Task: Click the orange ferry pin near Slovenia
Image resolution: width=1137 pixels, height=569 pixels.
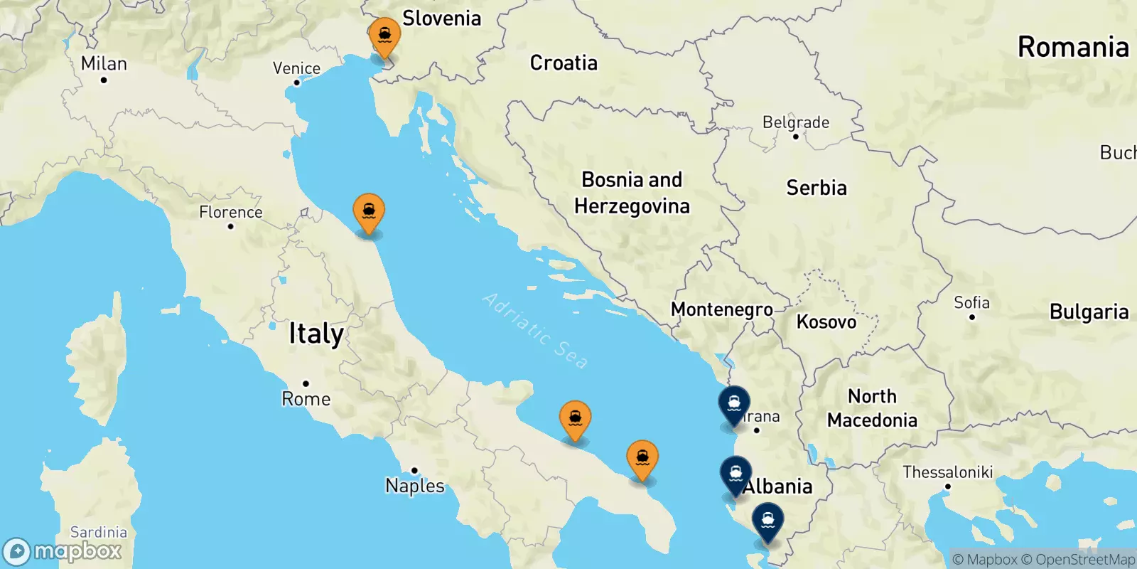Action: coord(384,36)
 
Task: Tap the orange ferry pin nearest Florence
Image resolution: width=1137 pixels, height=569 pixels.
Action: coord(369,212)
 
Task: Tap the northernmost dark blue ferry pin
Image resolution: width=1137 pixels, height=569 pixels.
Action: coord(734,404)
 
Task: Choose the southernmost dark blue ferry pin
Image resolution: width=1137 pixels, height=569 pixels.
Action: coord(767,521)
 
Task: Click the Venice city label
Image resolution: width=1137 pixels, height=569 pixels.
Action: coord(296,68)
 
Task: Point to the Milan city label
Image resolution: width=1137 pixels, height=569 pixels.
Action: coord(104,63)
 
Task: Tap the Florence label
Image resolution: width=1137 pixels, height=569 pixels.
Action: coord(230,212)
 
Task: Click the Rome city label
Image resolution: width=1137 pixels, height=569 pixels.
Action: coord(306,399)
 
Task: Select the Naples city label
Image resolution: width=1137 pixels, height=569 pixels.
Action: coord(415,486)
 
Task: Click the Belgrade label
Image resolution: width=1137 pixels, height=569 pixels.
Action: coord(796,122)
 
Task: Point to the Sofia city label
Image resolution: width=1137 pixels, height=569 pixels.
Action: coord(971,302)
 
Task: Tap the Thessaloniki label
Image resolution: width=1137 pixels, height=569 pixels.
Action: coord(947,472)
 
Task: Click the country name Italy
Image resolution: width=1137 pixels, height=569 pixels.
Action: coord(316,334)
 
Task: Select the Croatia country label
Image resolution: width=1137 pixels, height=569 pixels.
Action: coord(564,63)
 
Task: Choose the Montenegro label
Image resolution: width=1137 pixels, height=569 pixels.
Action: coord(722,309)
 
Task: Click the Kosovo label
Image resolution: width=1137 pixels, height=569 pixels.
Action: coord(826,322)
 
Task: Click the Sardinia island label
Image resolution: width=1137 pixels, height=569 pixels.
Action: coord(99,532)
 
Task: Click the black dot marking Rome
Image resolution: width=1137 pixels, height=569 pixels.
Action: coord(306,383)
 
